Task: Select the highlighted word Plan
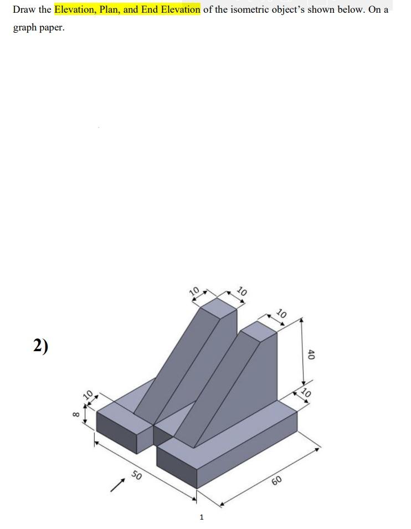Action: click(110, 9)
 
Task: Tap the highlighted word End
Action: click(150, 9)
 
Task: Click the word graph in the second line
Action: click(24, 27)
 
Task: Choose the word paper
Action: click(53, 28)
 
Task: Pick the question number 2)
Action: click(40, 346)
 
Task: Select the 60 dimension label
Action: click(277, 480)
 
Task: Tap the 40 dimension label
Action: click(311, 355)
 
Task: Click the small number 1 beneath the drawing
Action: click(202, 517)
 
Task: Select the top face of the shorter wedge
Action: click(259, 331)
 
